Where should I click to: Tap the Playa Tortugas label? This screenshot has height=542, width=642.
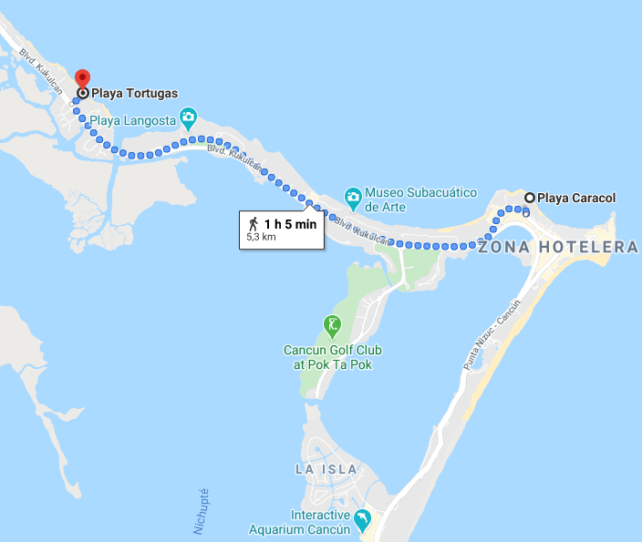[x=134, y=93]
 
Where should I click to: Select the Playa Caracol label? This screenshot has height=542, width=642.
[x=576, y=198]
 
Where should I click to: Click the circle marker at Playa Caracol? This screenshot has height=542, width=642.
[x=529, y=198]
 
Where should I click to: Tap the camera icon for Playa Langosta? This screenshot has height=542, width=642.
[x=188, y=117]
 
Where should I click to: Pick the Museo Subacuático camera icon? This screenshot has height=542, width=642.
[x=352, y=196]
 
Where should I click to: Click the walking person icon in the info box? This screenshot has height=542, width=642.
[x=253, y=223]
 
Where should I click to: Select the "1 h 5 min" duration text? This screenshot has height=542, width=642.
[x=290, y=223]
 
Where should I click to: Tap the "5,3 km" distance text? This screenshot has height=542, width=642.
[x=261, y=237]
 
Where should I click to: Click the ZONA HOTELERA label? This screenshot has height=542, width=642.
[x=558, y=248]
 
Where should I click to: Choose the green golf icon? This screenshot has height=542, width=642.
[x=332, y=323]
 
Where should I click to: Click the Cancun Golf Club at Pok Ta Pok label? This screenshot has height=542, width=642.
[x=333, y=357]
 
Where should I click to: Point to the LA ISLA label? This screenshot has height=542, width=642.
[x=326, y=469]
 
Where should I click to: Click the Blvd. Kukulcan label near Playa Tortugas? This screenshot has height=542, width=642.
[x=30, y=67]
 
